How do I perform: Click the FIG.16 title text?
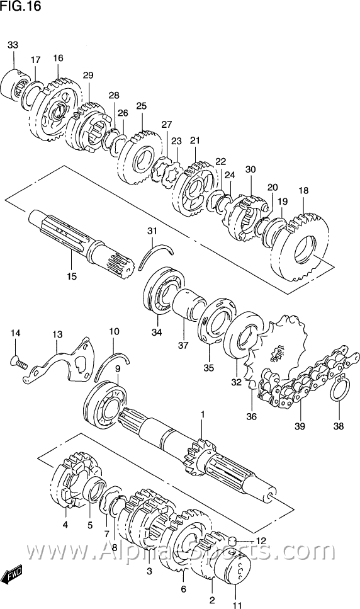click(20, 6)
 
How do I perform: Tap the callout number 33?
click(13, 45)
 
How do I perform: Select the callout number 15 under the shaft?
click(72, 276)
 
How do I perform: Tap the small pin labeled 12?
click(233, 540)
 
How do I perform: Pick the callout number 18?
click(303, 191)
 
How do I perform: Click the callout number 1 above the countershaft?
click(203, 415)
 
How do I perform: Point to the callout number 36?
click(251, 417)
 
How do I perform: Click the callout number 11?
click(237, 605)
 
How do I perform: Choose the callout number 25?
click(142, 106)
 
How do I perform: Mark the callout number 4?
click(65, 525)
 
